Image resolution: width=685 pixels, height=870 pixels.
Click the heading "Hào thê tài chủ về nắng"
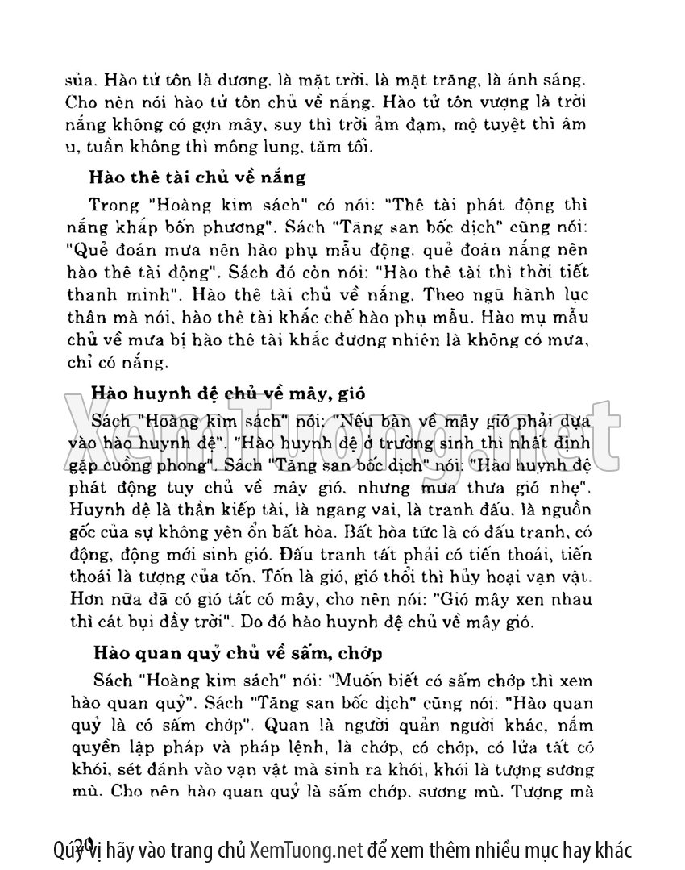pos(197,177)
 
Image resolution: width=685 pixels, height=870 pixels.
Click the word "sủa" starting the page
pos(77,81)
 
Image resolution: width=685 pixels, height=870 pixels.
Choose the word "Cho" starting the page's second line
pos(80,103)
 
